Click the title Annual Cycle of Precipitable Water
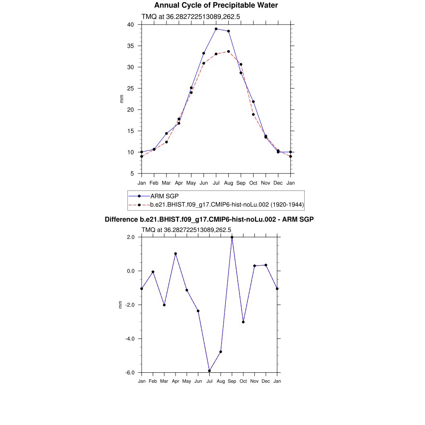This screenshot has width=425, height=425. pyautogui.click(x=216, y=5)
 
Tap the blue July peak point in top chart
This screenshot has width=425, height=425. pyautogui.click(x=216, y=29)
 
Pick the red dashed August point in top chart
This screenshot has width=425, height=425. pyautogui.click(x=228, y=51)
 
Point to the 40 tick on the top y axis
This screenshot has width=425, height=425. pyautogui.click(x=130, y=24)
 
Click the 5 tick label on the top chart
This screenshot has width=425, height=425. pyautogui.click(x=132, y=173)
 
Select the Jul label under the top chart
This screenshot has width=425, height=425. pyautogui.click(x=216, y=183)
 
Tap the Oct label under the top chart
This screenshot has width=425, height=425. pyautogui.click(x=253, y=183)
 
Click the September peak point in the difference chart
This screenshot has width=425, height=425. pyautogui.click(x=232, y=237)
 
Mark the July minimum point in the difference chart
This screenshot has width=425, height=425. pyautogui.click(x=210, y=371)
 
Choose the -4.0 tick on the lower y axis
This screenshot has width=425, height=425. pyautogui.click(x=129, y=339)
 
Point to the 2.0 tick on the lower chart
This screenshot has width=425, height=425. pyautogui.click(x=130, y=237)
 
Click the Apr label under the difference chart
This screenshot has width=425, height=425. pyautogui.click(x=176, y=381)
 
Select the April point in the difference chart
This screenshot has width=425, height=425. pyautogui.click(x=176, y=254)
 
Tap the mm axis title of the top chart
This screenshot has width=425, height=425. pyautogui.click(x=122, y=99)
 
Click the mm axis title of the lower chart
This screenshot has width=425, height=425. pyautogui.click(x=121, y=305)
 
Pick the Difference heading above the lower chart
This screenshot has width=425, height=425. pyautogui.click(x=209, y=220)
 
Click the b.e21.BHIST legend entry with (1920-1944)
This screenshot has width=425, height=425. pyautogui.click(x=227, y=205)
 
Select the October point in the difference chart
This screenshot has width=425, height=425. pyautogui.click(x=243, y=322)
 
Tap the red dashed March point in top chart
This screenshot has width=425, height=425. pyautogui.click(x=166, y=142)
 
